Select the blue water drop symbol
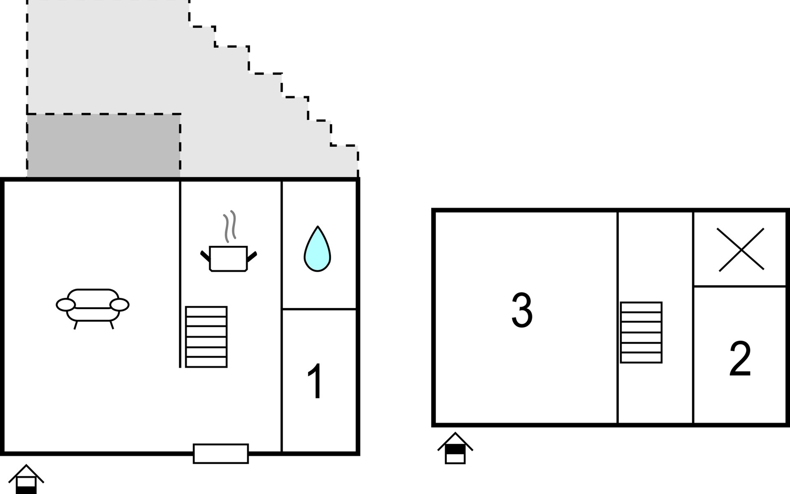tap(317, 249)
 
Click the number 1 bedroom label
tap(316, 381)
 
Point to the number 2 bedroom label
tap(740, 359)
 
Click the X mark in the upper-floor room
tap(741, 249)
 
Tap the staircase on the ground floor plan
tap(206, 337)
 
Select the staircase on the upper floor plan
tap(641, 333)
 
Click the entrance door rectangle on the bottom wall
tap(221, 454)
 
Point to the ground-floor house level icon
tap(26, 479)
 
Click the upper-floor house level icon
tap(455, 448)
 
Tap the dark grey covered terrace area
tap(104, 146)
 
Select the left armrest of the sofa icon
tap(66, 305)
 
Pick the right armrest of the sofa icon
tap(120, 305)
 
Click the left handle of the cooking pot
tap(205, 256)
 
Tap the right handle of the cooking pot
tap(252, 256)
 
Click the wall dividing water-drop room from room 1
tap(319, 309)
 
